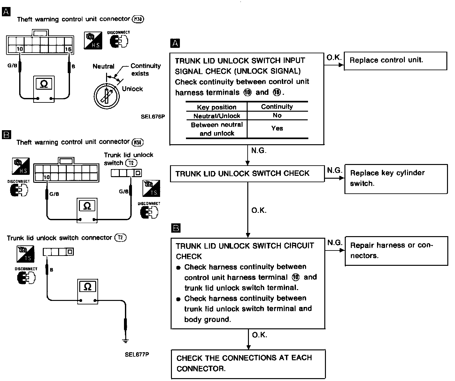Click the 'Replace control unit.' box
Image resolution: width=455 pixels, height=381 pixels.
[395, 61]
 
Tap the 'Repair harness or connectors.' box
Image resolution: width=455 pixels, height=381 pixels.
[396, 250]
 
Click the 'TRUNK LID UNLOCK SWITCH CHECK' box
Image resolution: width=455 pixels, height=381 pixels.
[247, 174]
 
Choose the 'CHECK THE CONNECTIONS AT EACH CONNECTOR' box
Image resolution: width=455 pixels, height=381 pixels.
[248, 363]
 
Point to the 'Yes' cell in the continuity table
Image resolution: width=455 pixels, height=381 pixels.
[277, 128]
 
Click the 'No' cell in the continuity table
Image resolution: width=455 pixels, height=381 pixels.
[277, 116]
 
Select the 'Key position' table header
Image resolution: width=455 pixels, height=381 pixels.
[217, 107]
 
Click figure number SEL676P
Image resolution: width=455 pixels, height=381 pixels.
[153, 116]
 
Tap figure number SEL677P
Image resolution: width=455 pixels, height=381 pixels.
[137, 354]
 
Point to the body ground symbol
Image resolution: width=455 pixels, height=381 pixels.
[126, 341]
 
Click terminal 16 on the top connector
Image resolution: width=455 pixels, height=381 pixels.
[68, 49]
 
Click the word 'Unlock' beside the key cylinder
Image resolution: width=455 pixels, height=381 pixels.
[132, 89]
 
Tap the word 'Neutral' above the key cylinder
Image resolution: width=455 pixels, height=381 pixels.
[103, 66]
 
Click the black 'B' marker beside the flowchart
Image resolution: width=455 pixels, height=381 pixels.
[176, 228]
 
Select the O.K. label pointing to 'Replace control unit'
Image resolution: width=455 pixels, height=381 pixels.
[334, 58]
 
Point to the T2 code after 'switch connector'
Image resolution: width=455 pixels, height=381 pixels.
[120, 238]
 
